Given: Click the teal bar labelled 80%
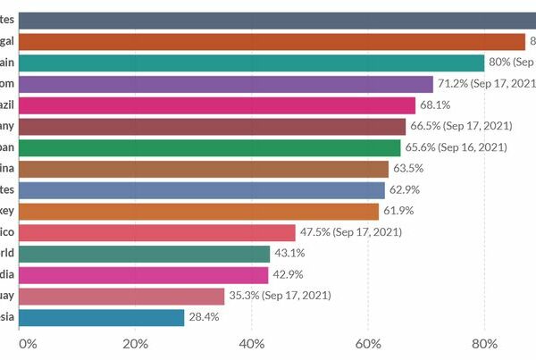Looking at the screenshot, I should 250,63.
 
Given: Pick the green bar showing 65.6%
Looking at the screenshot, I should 209,147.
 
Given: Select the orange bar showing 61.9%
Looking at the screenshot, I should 198,211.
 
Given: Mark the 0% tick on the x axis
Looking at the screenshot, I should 27,342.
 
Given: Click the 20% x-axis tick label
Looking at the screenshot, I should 135,342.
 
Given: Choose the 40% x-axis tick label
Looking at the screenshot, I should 252,342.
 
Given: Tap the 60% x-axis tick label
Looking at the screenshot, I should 368,342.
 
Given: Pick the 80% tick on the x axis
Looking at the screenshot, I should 484,342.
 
